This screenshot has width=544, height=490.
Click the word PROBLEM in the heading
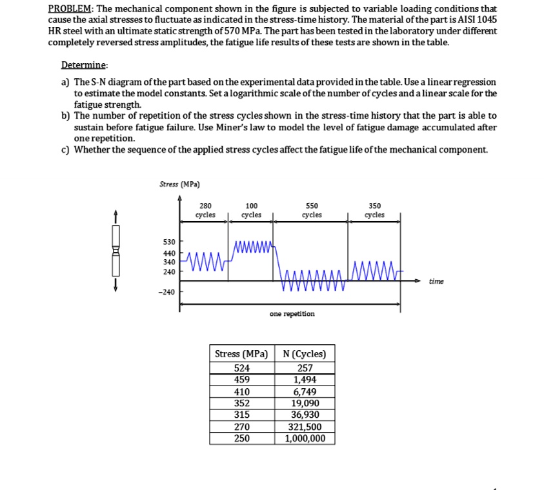click(70, 8)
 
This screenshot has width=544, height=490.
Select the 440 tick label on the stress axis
click(169, 253)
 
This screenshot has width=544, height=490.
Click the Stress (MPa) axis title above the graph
click(179, 184)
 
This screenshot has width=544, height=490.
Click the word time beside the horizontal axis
click(436, 281)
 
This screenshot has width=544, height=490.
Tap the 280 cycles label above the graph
click(205, 210)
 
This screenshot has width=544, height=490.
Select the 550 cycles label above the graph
click(311, 210)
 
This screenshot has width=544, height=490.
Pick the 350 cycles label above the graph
click(374, 210)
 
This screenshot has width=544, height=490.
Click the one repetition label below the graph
click(292, 314)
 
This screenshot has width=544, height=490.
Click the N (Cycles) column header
click(305, 354)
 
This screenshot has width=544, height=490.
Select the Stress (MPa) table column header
click(241, 354)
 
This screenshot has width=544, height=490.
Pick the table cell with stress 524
click(241, 368)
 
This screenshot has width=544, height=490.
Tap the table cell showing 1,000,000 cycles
click(305, 438)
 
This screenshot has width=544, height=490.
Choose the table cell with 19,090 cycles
click(305, 403)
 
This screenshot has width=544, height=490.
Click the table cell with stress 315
click(241, 415)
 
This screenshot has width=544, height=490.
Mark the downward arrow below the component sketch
click(116, 284)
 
